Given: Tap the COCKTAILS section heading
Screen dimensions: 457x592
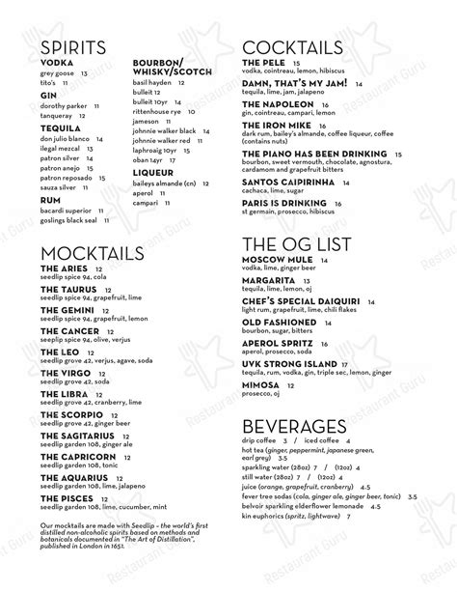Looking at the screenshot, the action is (x=293, y=49).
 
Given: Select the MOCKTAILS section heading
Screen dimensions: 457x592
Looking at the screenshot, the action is (x=90, y=254).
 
